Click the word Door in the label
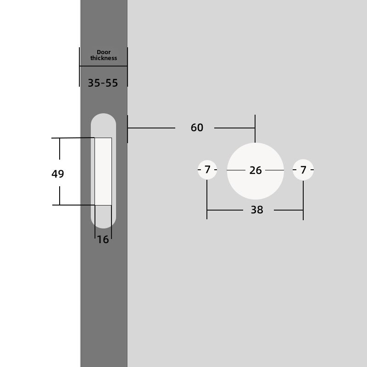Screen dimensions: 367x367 (x=104, y=52)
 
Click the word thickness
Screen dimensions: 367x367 (x=104, y=58)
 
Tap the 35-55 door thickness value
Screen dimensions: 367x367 (x=103, y=83)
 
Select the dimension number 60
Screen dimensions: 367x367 (x=197, y=128)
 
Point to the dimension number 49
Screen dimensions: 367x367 (x=58, y=174)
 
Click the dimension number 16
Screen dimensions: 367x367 (x=103, y=239)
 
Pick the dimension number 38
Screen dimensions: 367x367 (x=257, y=210)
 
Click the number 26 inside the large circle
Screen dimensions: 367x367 (x=256, y=170)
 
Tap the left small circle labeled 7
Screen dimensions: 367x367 (x=207, y=170)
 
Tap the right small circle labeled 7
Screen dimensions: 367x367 (x=303, y=170)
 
